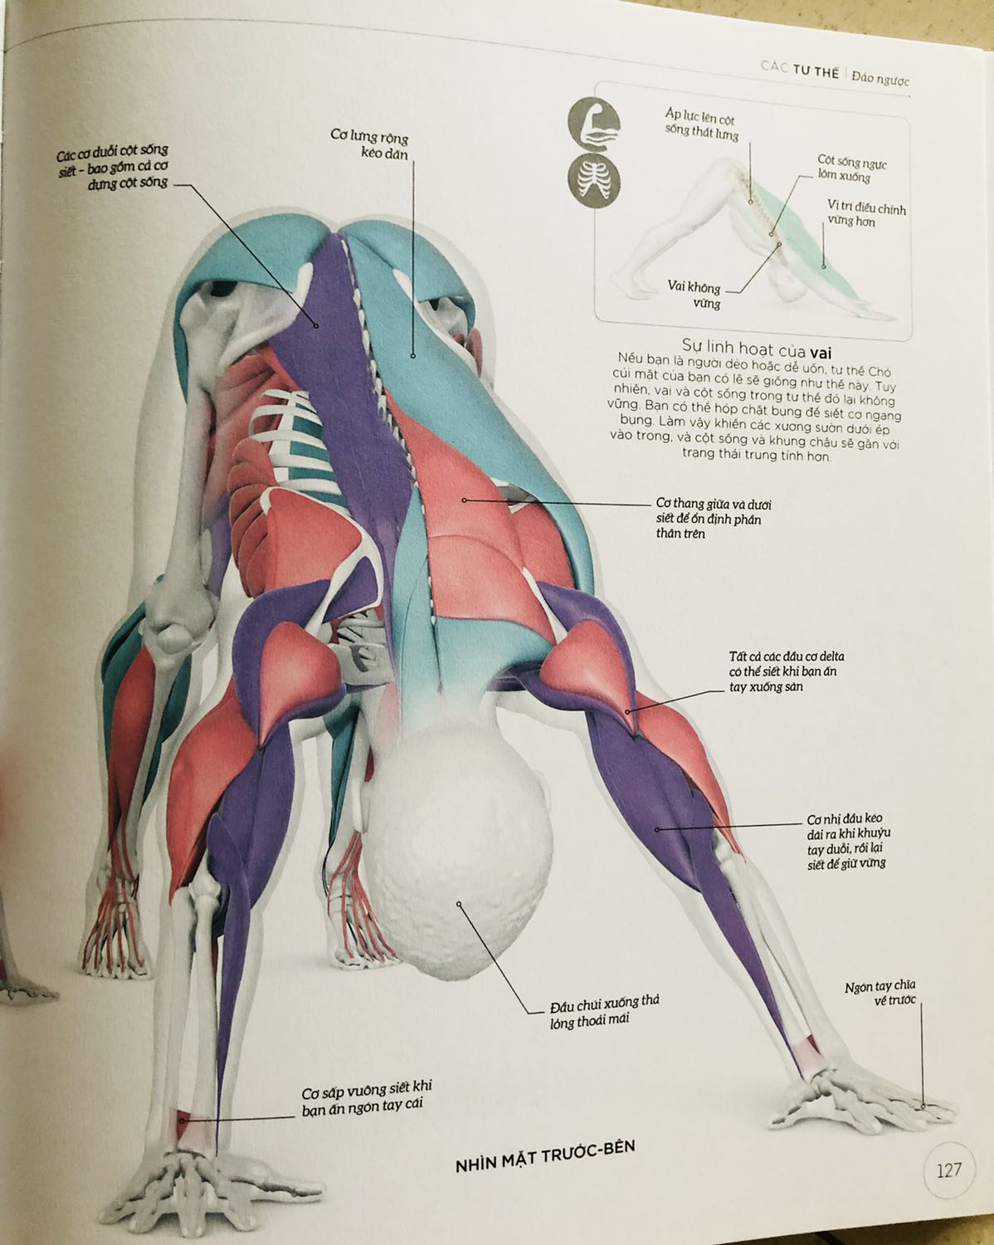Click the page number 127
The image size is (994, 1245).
pos(948,1170)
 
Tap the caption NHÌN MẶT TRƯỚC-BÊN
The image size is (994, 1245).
pos(545,1155)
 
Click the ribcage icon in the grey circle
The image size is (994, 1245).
pos(592,183)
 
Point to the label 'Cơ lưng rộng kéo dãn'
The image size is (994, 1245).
pos(370,144)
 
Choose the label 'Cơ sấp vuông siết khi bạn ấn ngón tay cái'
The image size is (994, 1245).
pos(366,1096)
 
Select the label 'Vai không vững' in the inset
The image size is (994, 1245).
pos(695,295)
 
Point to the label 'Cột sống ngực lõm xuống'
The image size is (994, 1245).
pos(850,168)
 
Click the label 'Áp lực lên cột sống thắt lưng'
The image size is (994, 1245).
pos(701,124)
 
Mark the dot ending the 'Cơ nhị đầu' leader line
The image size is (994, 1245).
pos(657,828)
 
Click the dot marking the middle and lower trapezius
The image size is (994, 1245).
pos(465,500)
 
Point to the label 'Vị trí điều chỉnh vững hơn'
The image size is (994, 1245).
pos(865,214)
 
